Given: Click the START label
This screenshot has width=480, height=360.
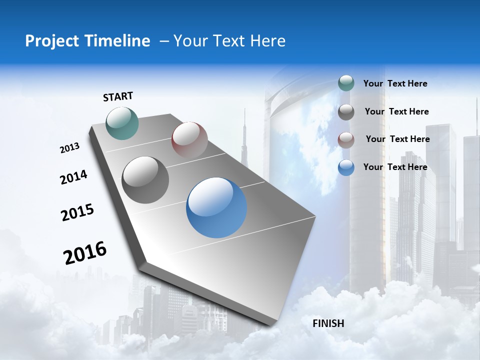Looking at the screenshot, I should point(118,96).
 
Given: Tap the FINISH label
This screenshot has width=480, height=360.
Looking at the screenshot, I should point(328,323).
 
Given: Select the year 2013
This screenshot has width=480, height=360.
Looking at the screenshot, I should point(69,148).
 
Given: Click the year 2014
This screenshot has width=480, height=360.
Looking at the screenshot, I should point(73,177).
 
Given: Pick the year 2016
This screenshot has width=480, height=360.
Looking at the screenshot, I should point(85,252).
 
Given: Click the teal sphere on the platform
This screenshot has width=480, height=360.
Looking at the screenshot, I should point(122,123).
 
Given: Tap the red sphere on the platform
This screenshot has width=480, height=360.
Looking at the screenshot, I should point(189,139).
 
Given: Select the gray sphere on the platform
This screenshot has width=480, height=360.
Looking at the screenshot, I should point(145,180).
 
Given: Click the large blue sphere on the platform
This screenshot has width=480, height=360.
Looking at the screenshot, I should point(216,207).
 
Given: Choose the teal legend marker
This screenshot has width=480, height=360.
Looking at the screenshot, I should point(346,83).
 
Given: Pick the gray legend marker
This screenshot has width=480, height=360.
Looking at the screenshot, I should point(346,112).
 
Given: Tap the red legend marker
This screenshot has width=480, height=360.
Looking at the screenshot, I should point(346,139).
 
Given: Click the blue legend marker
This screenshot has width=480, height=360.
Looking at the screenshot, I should point(346,167).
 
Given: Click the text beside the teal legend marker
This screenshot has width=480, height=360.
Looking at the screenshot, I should point(395,83).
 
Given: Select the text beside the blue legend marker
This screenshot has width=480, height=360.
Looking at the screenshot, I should point(395,167).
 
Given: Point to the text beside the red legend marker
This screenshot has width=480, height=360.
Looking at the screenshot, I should point(397,139).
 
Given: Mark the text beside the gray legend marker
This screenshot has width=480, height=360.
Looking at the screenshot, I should point(396,111).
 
